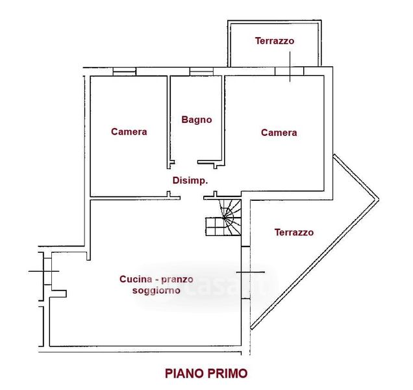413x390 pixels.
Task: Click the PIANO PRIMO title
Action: [x=206, y=373]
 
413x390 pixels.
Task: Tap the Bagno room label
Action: [x=197, y=120]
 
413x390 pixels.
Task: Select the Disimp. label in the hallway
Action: [x=190, y=180]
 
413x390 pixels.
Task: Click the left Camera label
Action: [x=129, y=131]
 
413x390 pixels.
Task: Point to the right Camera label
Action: [x=279, y=133]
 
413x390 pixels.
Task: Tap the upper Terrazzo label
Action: [x=275, y=41]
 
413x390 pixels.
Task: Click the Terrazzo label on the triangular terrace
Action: [x=294, y=232]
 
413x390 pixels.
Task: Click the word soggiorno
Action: [x=156, y=291]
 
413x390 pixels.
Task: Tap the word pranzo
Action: [x=177, y=279]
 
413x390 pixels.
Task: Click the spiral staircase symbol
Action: [x=223, y=218]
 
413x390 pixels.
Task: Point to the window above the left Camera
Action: [x=124, y=71]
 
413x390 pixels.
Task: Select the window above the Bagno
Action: [x=201, y=71]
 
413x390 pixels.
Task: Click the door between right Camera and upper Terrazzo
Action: [x=290, y=71]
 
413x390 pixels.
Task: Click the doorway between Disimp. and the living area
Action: [x=192, y=198]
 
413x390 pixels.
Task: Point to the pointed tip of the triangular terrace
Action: [x=379, y=199]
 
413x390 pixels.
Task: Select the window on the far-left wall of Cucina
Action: [x=47, y=271]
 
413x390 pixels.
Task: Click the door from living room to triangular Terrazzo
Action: [x=245, y=272]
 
